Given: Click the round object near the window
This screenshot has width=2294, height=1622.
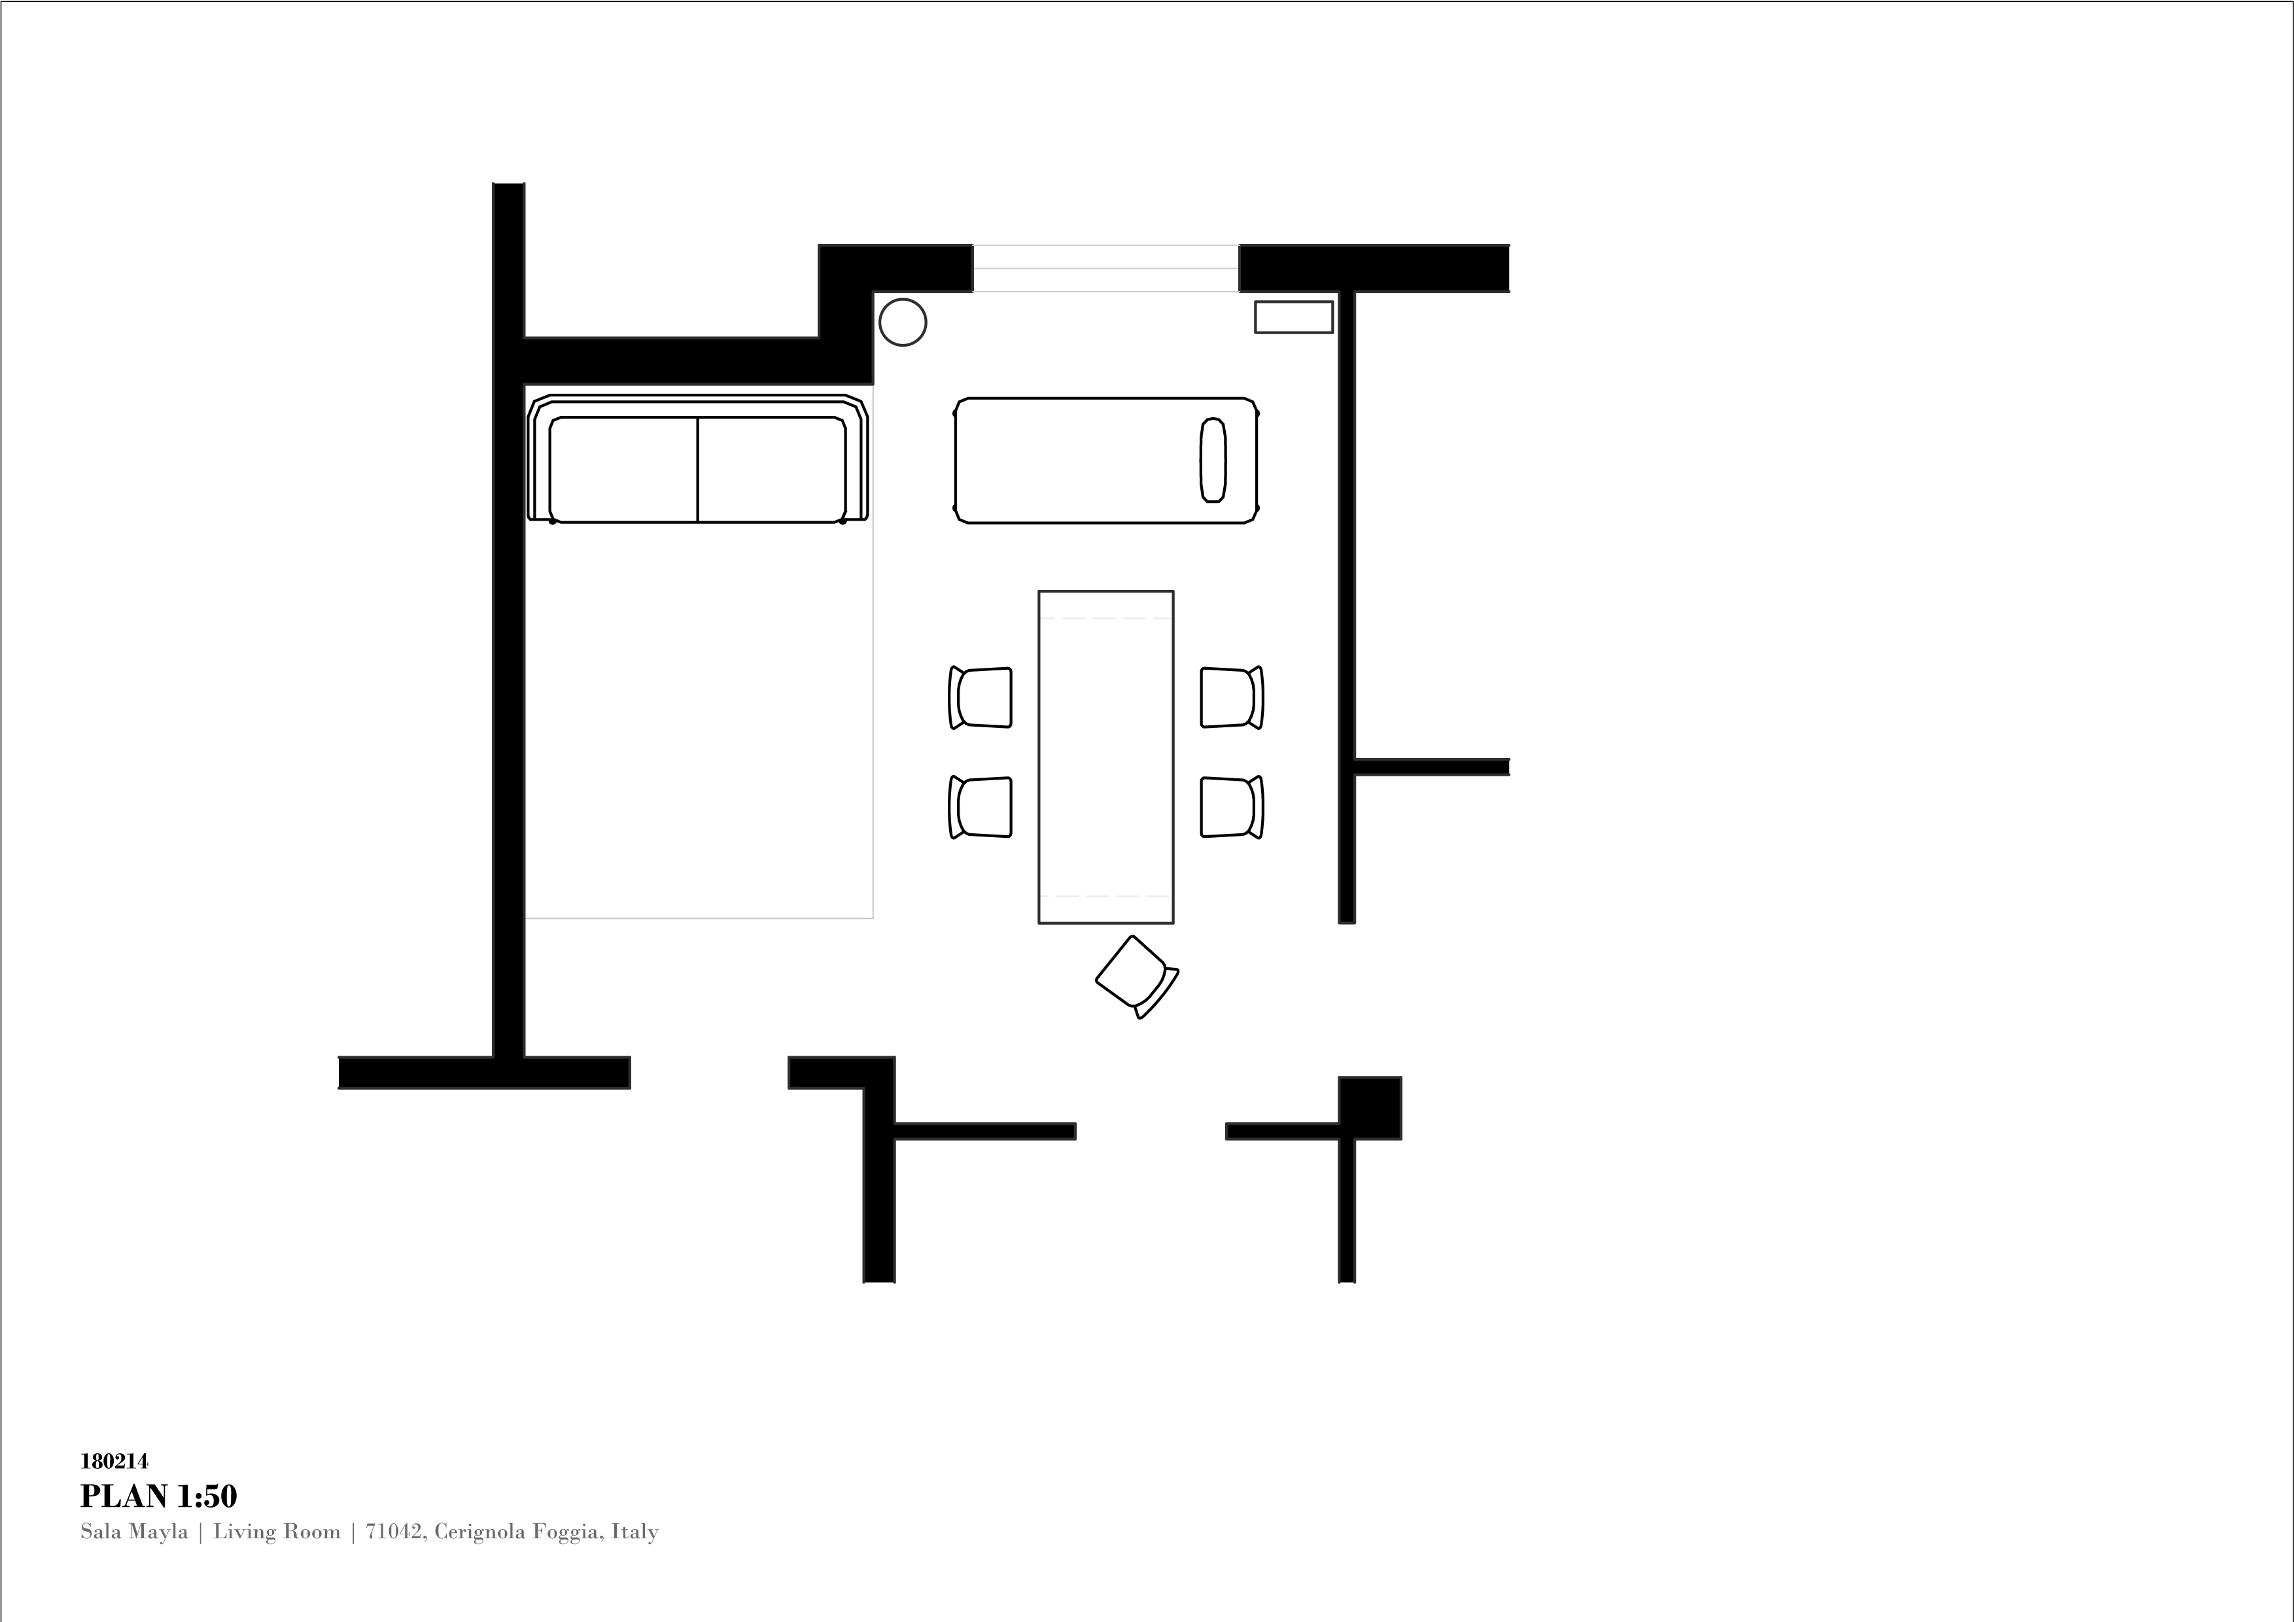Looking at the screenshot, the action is tap(902, 322).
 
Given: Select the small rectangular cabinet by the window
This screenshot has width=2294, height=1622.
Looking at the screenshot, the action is tap(1294, 317).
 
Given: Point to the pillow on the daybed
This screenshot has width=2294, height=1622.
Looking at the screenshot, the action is tap(1213, 459).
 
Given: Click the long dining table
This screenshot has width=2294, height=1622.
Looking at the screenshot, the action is tap(1106, 757).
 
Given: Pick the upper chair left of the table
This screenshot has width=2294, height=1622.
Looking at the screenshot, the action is tap(980, 697).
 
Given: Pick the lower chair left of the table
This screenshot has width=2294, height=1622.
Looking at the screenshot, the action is tap(980, 807).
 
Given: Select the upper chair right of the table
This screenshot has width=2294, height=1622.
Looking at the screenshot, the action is tap(1232, 697).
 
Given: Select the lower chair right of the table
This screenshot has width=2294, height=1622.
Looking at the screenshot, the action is tap(1232, 807).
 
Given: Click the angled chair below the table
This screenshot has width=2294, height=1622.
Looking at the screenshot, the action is tap(1137, 976).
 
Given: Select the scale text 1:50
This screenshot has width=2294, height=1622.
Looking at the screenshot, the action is tap(207, 1496).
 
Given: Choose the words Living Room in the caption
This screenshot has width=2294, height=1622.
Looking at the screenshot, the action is tap(277, 1532).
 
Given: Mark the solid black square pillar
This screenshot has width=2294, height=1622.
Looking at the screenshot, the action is tap(1370, 1108).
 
